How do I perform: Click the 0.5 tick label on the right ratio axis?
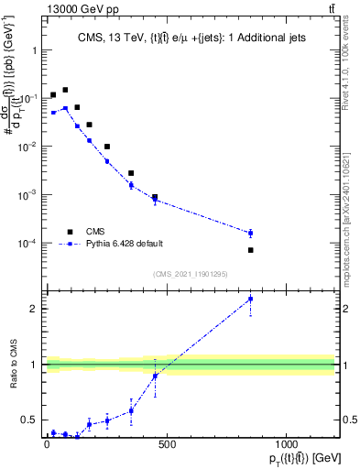pyautogui.click(x=348, y=420)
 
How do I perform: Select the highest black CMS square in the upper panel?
pyautogui.click(x=65, y=90)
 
